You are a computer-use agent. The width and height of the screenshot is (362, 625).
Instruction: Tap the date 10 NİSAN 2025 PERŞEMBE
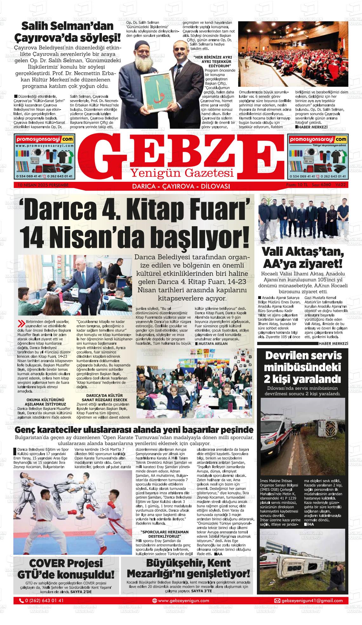(41, 185)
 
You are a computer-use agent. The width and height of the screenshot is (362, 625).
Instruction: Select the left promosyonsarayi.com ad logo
(44, 139)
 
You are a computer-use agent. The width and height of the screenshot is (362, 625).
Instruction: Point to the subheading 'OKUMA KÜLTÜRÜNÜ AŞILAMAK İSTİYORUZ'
(46, 402)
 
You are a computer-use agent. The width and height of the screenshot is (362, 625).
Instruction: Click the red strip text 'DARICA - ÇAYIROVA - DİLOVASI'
(181, 187)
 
